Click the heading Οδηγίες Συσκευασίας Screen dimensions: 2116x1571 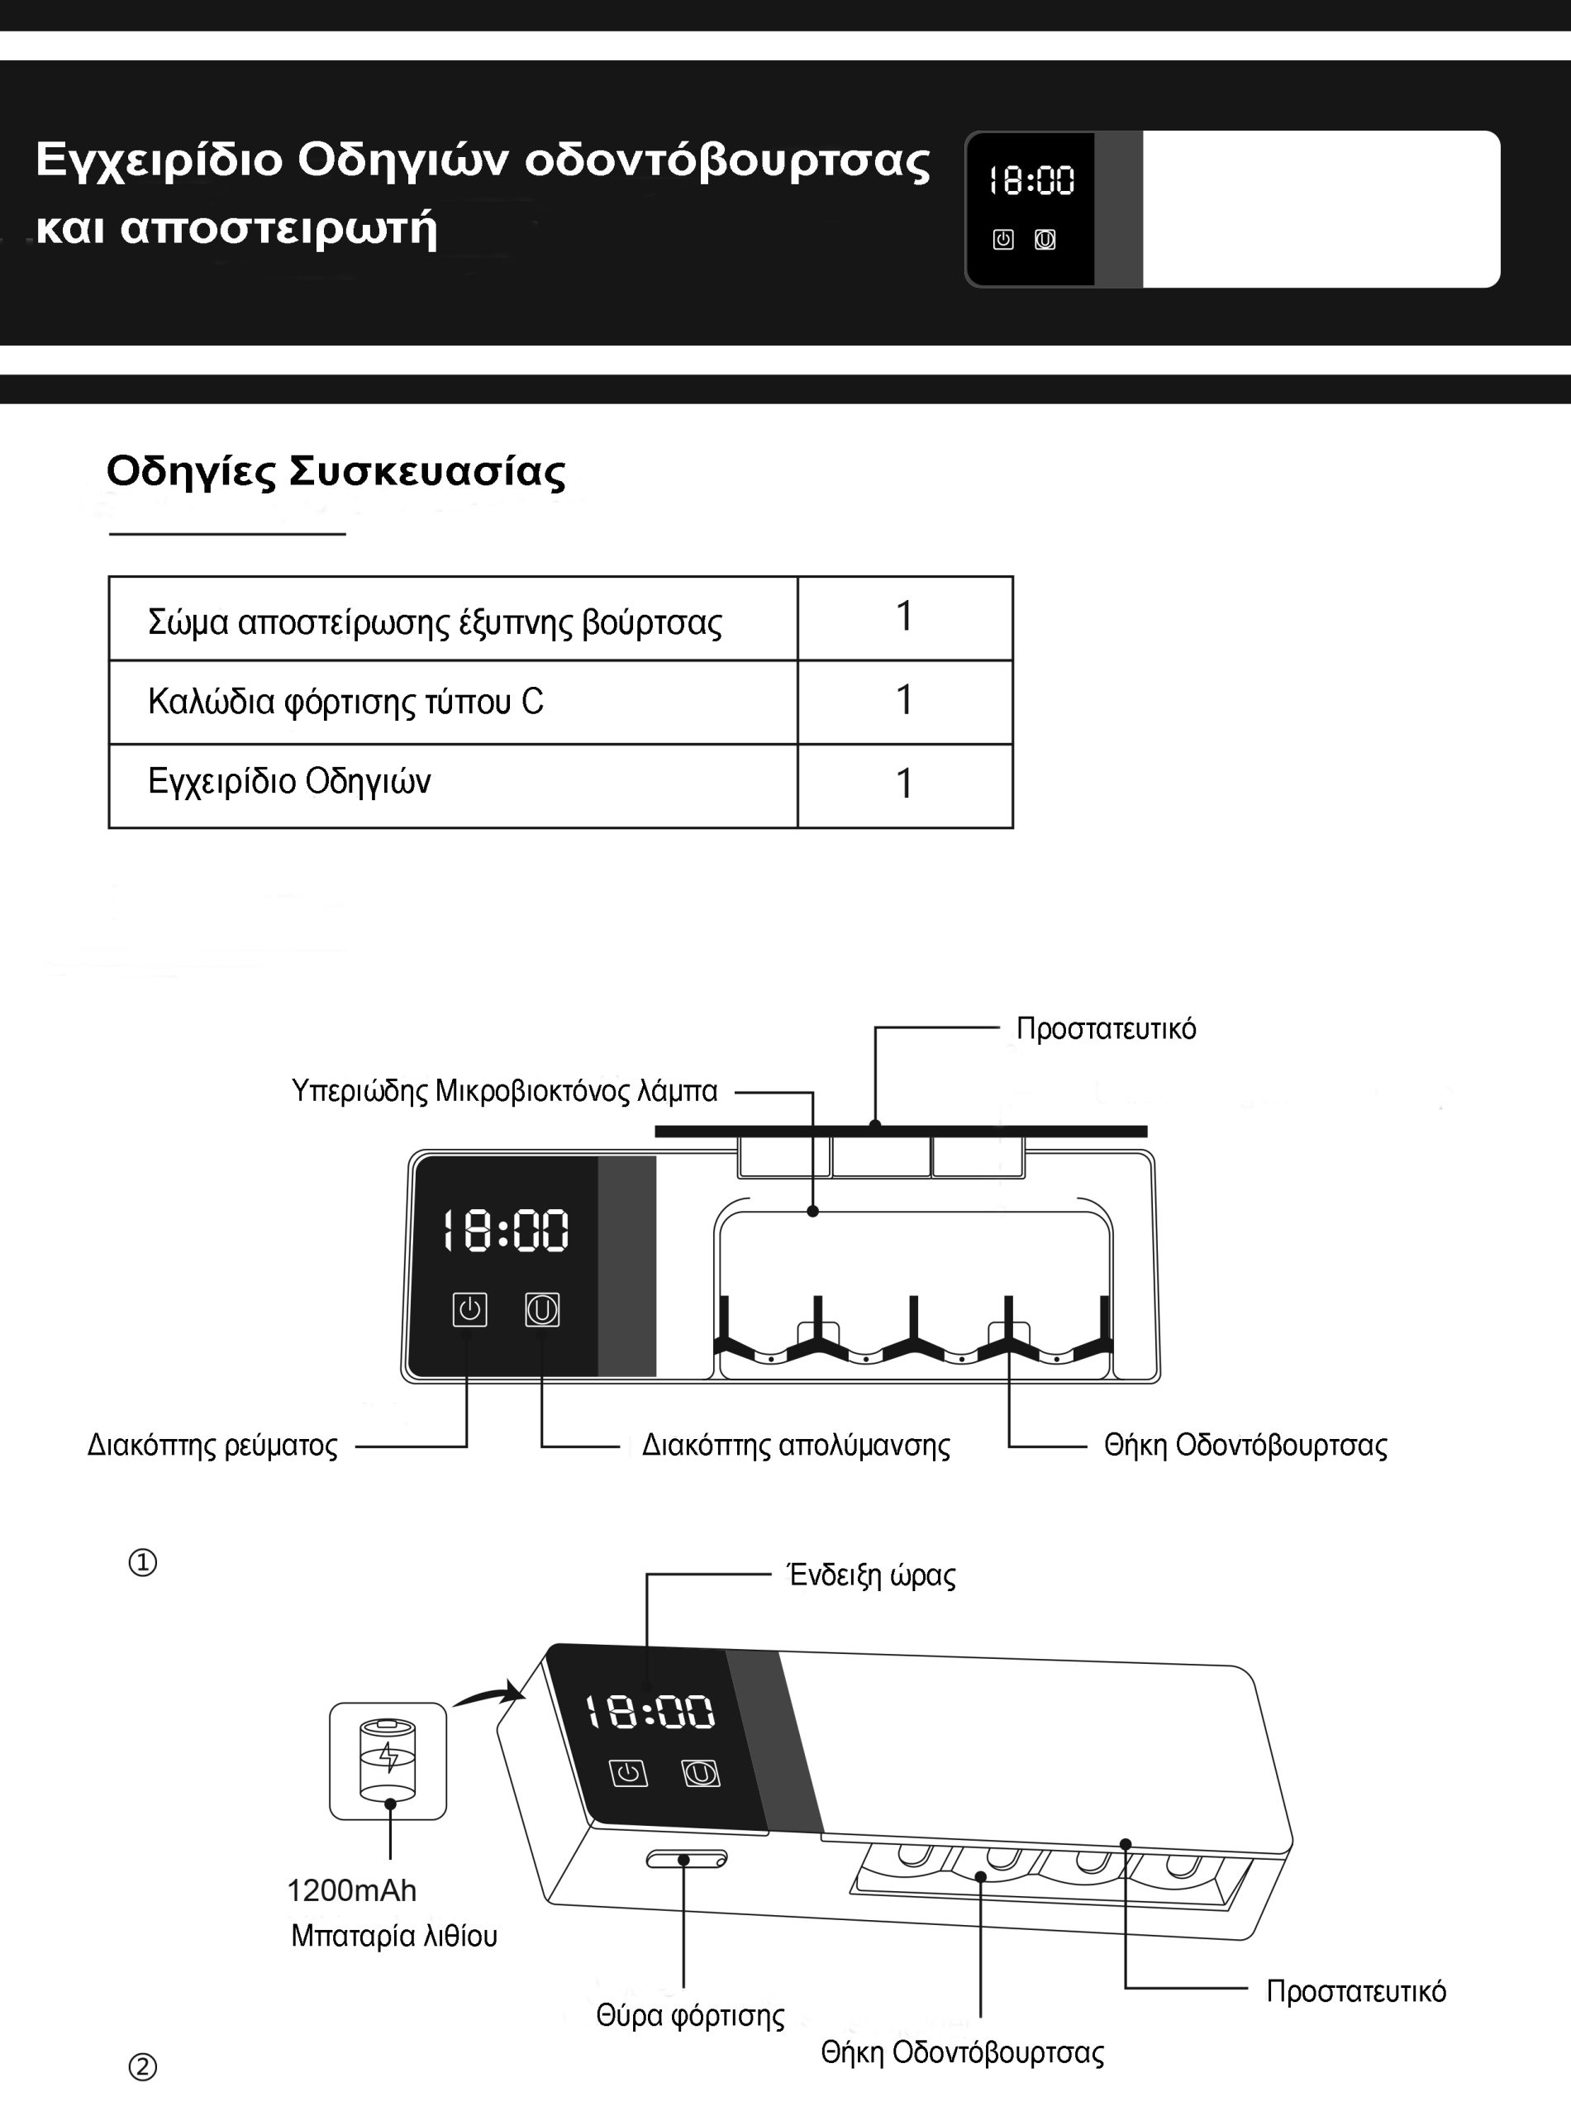(335, 471)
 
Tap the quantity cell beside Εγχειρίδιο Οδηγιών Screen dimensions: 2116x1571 (904, 784)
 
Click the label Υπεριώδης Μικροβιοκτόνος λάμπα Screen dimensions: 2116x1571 (504, 1091)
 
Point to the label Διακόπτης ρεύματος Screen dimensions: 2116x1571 (212, 1446)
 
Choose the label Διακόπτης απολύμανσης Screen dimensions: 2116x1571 (795, 1446)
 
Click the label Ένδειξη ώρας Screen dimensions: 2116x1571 (871, 1575)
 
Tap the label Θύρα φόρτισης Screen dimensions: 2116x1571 (689, 2016)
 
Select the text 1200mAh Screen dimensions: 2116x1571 (351, 1890)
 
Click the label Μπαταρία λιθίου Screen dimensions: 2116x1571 (393, 1937)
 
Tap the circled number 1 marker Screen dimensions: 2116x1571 (143, 1562)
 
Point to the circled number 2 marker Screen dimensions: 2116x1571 (143, 2067)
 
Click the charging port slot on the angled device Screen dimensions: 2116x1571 (687, 1859)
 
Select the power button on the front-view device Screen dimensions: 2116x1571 (469, 1309)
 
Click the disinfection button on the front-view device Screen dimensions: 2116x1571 (542, 1309)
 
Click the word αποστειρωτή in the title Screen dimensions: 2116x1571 (278, 228)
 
